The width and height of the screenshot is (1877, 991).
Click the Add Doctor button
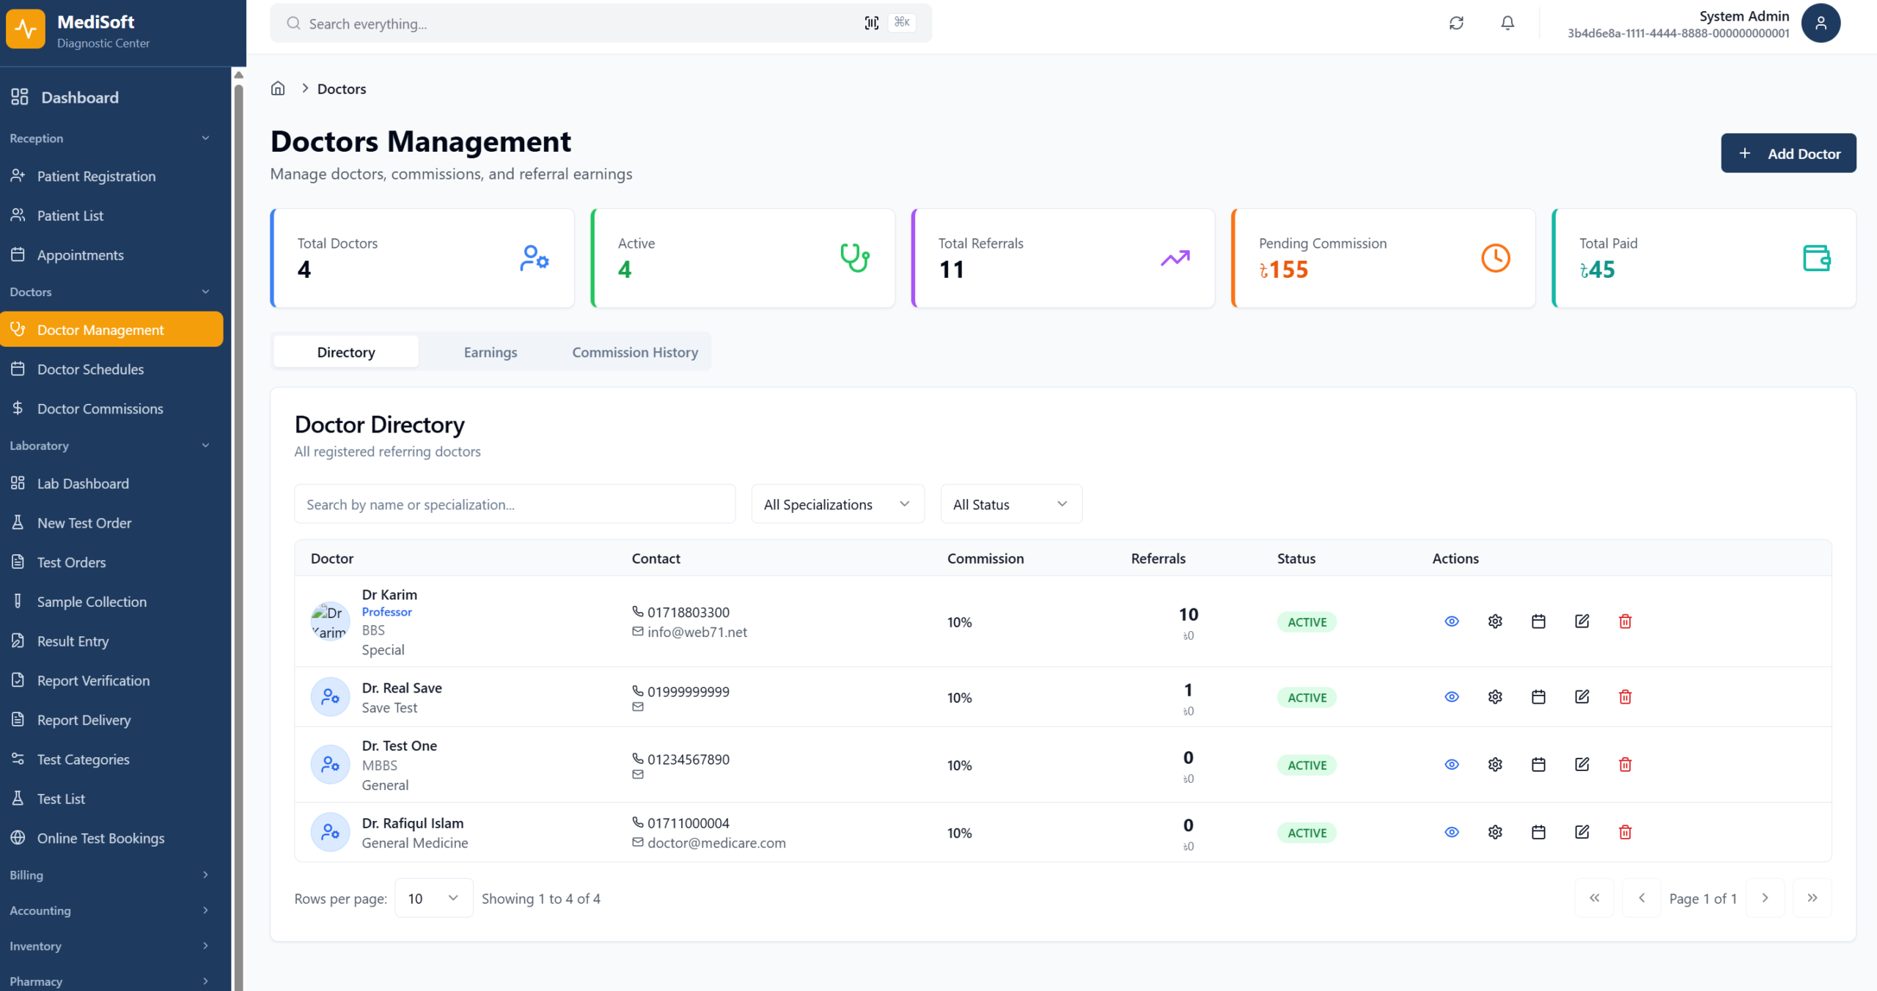1788,153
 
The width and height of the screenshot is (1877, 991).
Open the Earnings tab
491,353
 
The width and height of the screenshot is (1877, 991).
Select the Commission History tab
635,353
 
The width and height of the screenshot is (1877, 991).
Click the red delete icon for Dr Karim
1625,622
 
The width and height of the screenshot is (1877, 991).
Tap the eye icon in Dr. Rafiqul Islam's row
1451,832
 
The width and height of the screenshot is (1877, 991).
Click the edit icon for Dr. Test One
1582,765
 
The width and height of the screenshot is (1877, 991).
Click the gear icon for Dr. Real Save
1495,697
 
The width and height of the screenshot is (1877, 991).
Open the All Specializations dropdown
837,504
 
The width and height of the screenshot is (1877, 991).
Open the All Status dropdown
1010,504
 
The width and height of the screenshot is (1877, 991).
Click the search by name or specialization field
514,504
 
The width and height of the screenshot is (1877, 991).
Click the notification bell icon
1507,23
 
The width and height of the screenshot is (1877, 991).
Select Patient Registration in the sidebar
96,177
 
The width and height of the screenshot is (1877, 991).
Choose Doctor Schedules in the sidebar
90,369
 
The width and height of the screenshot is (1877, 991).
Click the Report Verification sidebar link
93,681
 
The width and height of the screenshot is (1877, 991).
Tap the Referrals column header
1158,559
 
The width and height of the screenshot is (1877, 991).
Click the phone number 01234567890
688,759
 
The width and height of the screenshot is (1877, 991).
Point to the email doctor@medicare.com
716,843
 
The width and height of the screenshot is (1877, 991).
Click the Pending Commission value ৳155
1284,270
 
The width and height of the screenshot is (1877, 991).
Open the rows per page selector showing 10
433,898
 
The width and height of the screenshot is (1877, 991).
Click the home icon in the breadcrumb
278,89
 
